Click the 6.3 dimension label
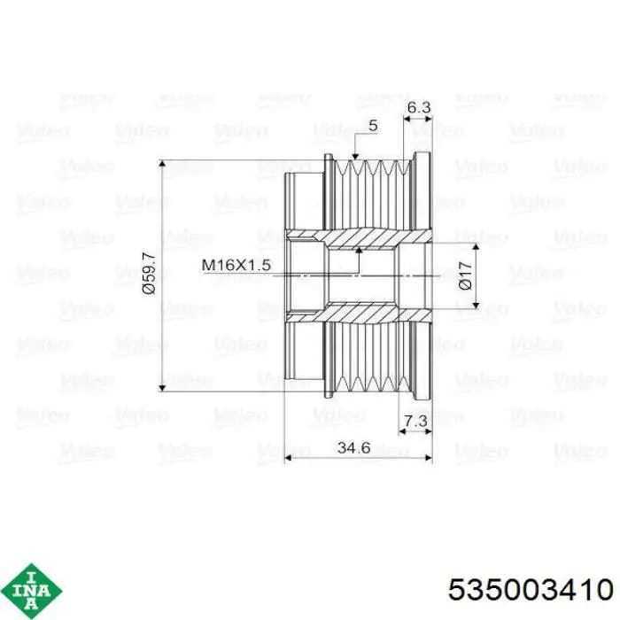tap(418, 107)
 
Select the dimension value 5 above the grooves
tap(373, 126)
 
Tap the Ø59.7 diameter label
tap(150, 273)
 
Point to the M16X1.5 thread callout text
tap(236, 265)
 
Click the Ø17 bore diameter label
tap(466, 275)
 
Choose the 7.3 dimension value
tap(416, 421)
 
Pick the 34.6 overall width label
tap(354, 447)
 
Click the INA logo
tap(32, 592)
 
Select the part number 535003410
tap(531, 591)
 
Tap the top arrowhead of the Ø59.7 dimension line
tap(162, 163)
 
